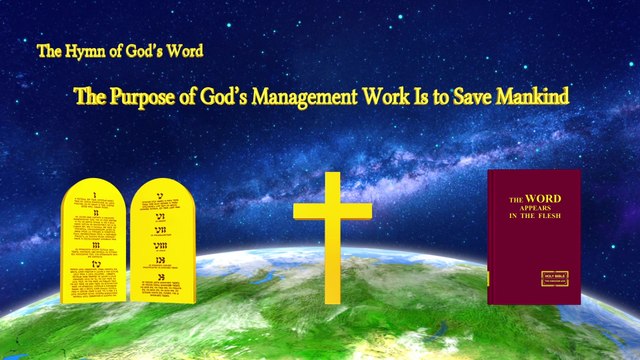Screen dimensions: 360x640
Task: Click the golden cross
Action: (331, 236)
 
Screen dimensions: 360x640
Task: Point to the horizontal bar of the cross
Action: (331, 211)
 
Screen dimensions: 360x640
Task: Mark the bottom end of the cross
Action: (331, 297)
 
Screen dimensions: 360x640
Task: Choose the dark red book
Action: (533, 236)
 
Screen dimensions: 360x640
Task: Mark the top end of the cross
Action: (331, 176)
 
